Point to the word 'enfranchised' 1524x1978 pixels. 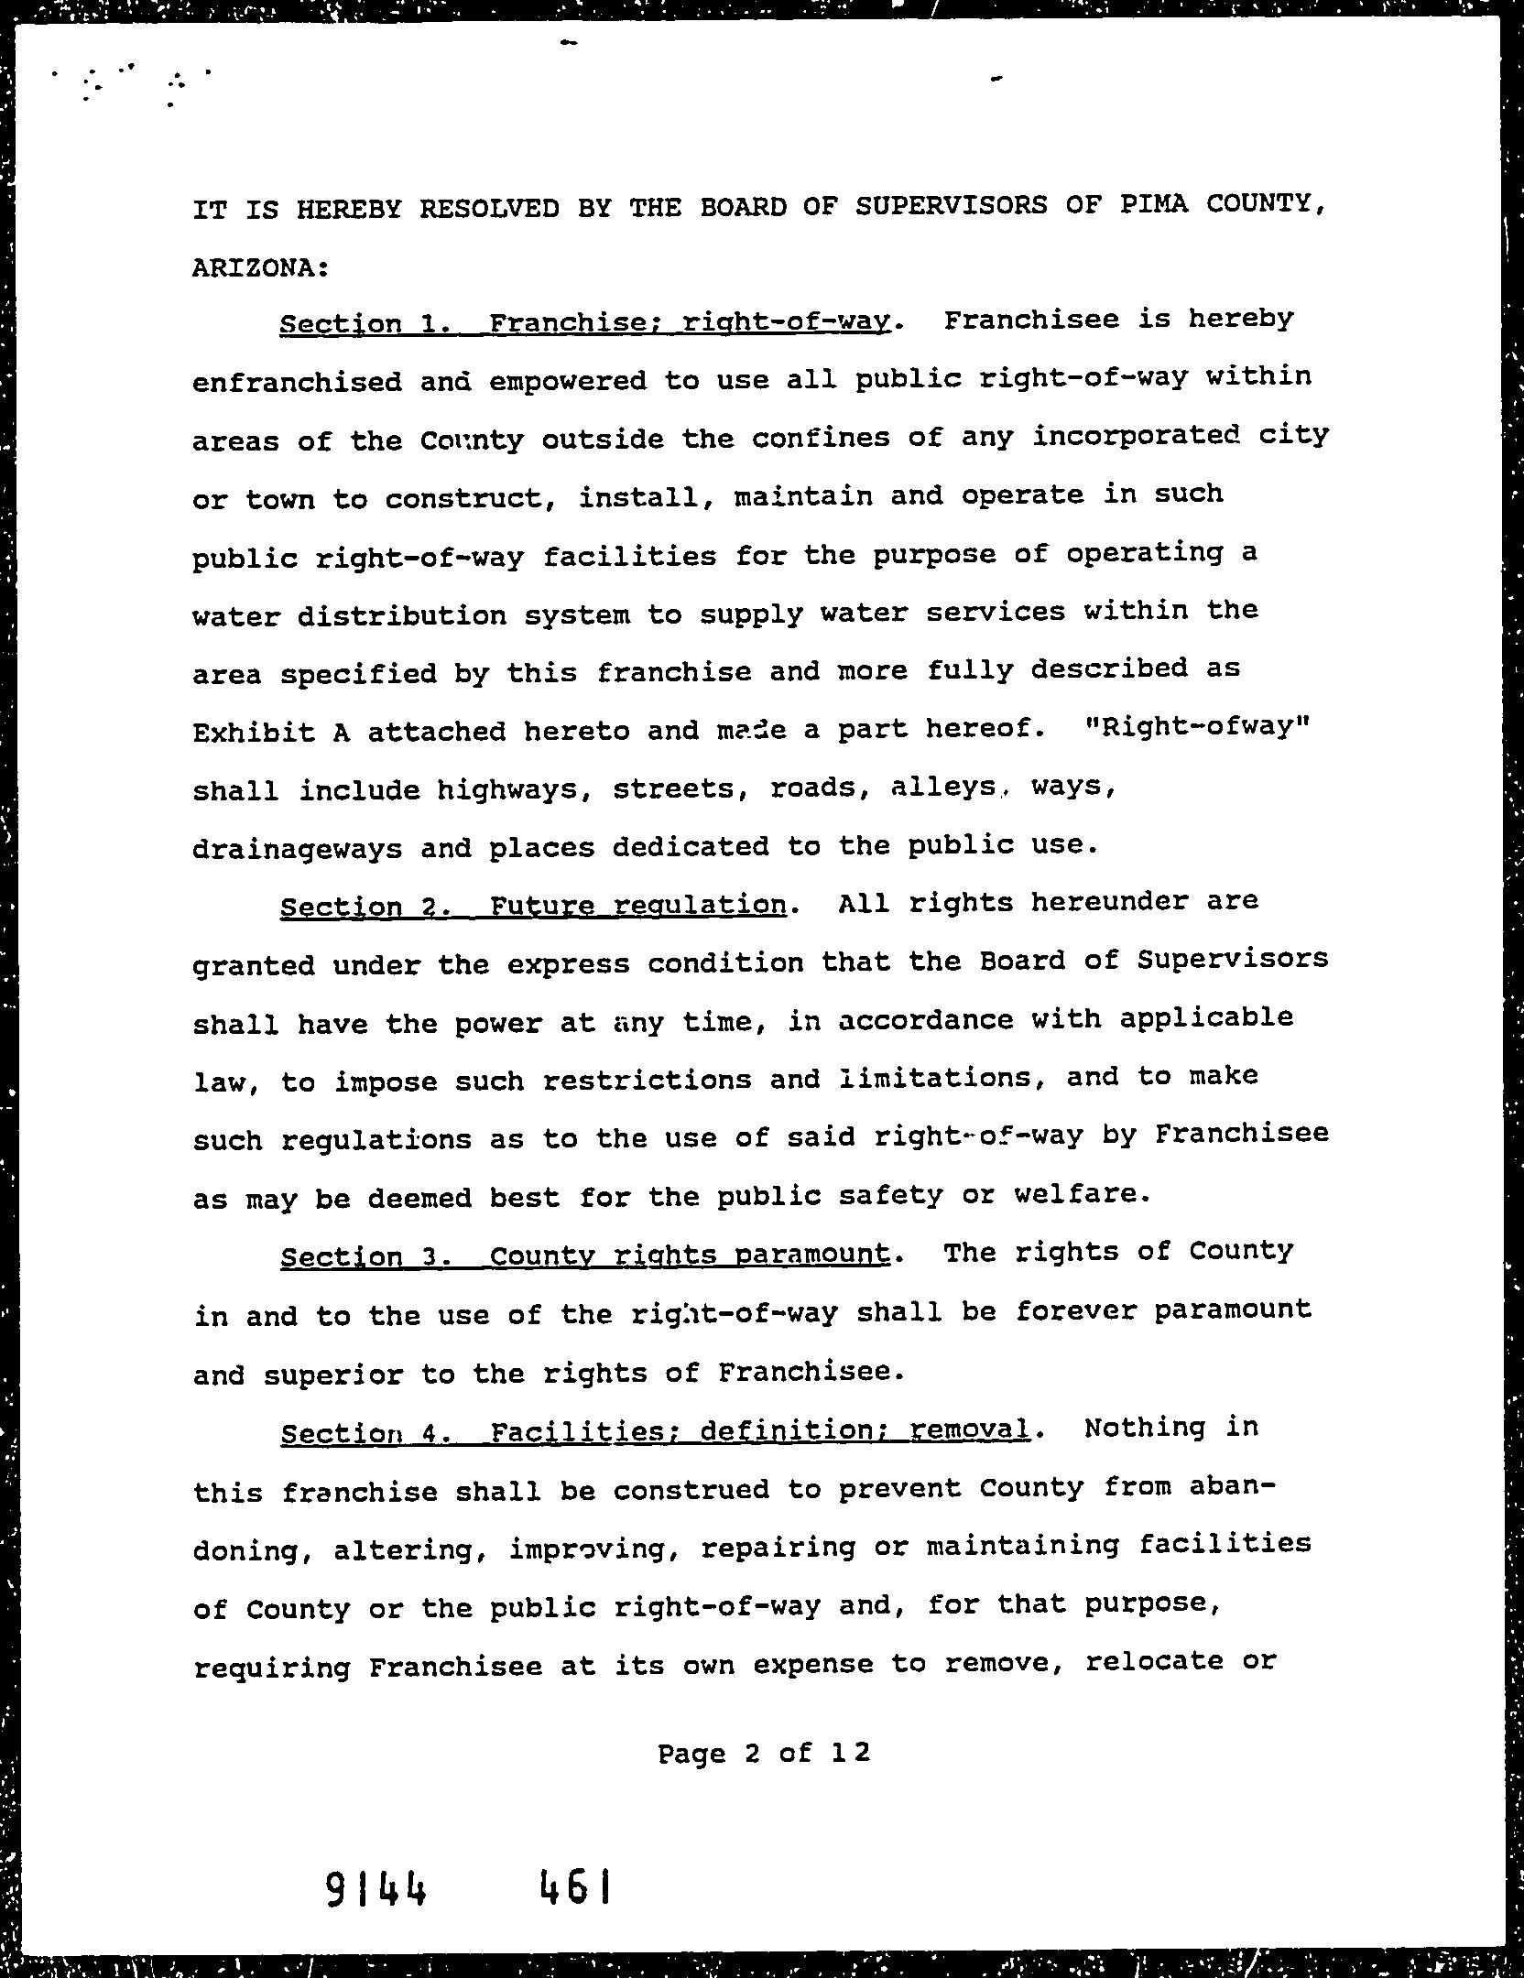point(298,382)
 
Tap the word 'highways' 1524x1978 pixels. point(514,789)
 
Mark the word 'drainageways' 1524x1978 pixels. point(298,849)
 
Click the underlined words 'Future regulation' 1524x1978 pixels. point(638,907)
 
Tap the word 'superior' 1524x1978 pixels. point(332,1375)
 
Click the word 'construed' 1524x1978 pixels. point(691,1490)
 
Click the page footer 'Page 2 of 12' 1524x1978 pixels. point(763,1754)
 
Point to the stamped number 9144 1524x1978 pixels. point(376,1888)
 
